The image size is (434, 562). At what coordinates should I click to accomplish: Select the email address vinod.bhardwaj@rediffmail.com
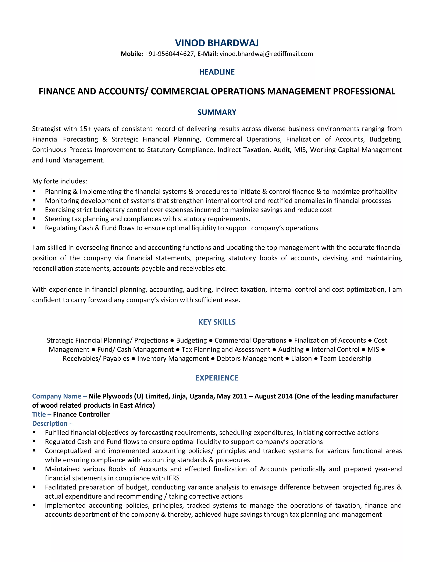[266, 54]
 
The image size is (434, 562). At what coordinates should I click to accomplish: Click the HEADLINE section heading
[217, 72]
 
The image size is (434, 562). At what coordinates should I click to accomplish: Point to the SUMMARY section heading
[217, 112]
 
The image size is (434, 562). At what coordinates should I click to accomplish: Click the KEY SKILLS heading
[217, 322]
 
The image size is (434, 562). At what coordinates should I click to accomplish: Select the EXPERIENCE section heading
[217, 378]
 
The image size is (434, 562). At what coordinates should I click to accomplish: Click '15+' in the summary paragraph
[85, 129]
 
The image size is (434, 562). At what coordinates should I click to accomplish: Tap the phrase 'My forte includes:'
[60, 181]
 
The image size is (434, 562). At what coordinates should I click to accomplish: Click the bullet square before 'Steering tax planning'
[34, 218]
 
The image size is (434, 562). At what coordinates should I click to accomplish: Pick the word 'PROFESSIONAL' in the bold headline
[364, 92]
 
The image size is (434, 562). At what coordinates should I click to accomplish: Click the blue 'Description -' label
[52, 423]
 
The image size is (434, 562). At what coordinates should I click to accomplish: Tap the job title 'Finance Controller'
[81, 414]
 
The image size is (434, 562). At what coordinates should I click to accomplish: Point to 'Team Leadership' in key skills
[345, 358]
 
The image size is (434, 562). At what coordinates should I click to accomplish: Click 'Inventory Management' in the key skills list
[173, 358]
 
